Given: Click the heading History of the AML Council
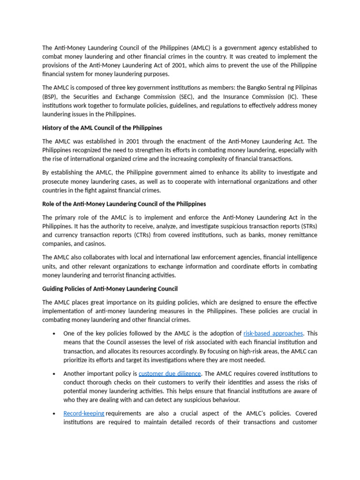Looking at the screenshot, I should [102, 128].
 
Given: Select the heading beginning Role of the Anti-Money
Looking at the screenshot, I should [124, 204].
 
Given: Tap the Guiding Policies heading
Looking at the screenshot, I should [110, 289].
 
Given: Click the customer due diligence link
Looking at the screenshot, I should [170, 374].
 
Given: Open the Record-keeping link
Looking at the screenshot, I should [84, 413].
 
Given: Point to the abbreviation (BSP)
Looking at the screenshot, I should [51, 97].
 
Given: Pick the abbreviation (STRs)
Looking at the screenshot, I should [306, 226].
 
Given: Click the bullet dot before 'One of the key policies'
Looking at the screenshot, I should [54, 334].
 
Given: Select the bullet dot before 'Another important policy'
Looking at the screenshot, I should [54, 374].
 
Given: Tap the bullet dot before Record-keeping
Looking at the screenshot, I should [54, 414].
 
